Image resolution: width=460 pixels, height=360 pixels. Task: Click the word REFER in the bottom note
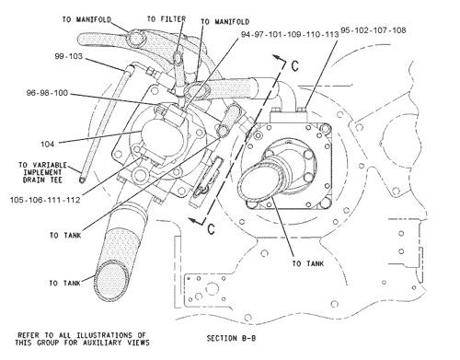[x=30, y=331]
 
